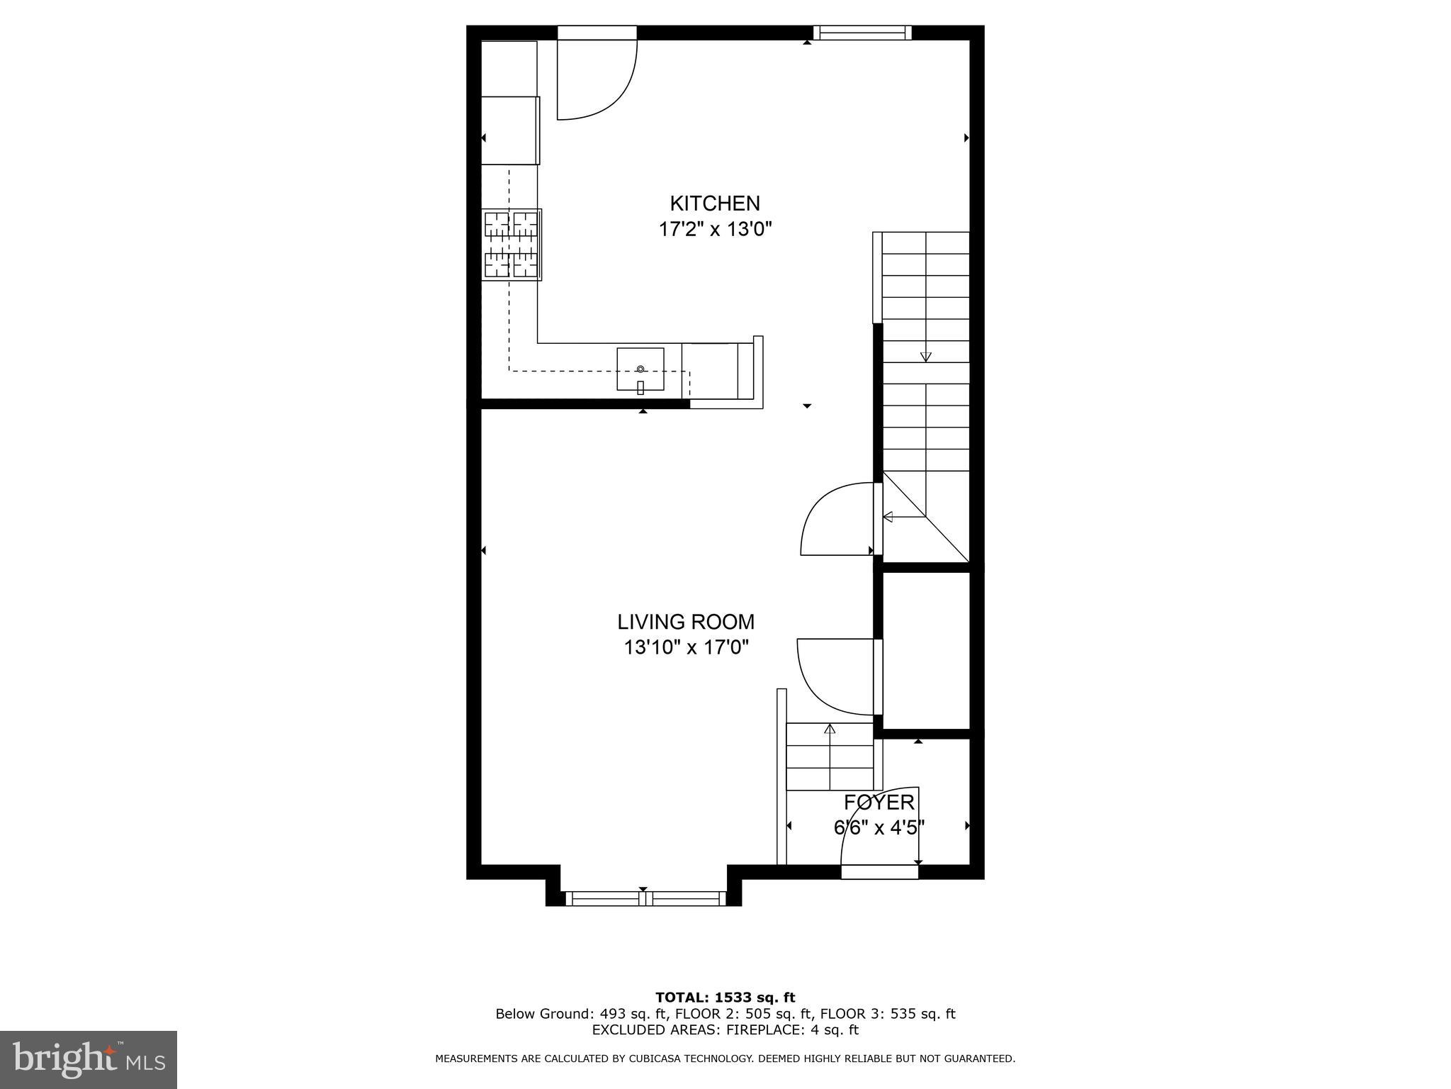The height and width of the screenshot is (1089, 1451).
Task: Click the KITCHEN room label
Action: coord(714,203)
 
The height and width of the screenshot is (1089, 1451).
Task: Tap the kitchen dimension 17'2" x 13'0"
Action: coord(714,230)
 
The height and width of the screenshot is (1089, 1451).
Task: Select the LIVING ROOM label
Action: coord(686,622)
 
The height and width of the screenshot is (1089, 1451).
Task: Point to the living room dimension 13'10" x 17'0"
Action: coord(686,647)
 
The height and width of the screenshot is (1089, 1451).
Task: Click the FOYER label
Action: coord(879,803)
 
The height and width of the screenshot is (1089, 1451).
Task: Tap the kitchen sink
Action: coord(640,369)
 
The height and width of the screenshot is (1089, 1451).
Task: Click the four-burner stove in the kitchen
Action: coord(512,245)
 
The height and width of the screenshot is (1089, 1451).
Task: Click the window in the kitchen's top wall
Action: coord(862,32)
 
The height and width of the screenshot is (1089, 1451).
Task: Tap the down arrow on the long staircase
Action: coord(925,357)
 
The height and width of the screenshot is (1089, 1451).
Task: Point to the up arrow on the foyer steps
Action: coord(830,729)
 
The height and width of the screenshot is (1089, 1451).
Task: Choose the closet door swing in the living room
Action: coord(836,675)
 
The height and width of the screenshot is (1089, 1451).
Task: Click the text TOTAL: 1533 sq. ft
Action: coord(725,998)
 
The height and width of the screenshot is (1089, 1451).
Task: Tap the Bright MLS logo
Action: coord(89,1059)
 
